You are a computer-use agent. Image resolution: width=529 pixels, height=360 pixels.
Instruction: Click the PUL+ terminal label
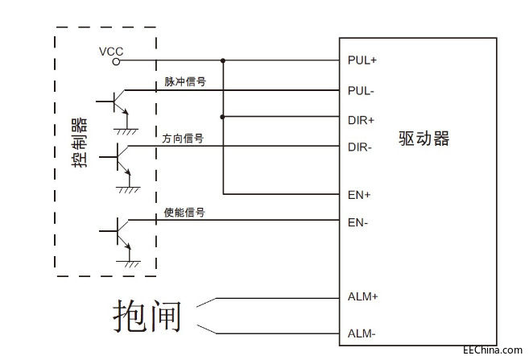(x=362, y=60)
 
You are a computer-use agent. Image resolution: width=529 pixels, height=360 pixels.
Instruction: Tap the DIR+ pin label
(x=360, y=119)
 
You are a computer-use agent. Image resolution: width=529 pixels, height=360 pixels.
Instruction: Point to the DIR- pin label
(x=359, y=147)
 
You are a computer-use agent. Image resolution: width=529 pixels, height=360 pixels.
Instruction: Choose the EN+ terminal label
(x=358, y=194)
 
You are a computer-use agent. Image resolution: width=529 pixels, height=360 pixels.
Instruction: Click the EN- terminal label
(x=357, y=222)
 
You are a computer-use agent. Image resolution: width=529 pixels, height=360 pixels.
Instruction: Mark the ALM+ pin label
(x=363, y=296)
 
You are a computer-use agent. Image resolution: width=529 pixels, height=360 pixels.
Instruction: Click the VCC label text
(x=111, y=51)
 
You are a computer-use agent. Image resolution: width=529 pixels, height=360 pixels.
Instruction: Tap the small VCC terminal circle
(x=116, y=61)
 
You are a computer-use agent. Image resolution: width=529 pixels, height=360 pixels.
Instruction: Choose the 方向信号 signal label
(x=183, y=139)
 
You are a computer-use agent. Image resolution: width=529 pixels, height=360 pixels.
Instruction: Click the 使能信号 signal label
(x=184, y=213)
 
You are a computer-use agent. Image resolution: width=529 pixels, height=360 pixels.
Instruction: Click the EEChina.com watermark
(x=493, y=350)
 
